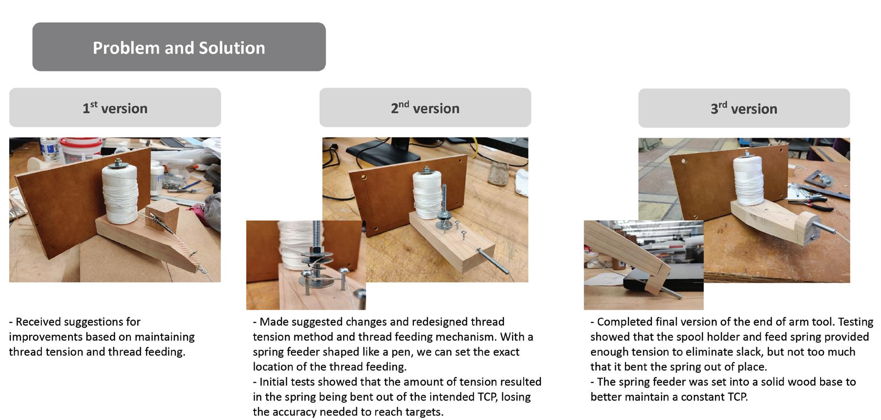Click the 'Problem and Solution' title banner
coord(179,47)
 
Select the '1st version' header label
coord(115,107)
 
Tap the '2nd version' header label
coord(425,107)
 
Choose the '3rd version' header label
coord(744,108)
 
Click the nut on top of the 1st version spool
coord(118,162)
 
